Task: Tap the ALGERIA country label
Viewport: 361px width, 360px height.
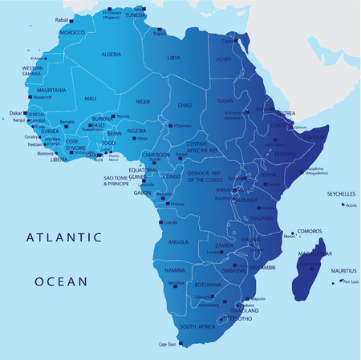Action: (112, 54)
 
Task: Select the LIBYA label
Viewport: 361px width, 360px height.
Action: (173, 58)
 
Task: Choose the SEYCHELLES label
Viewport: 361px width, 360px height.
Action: (341, 194)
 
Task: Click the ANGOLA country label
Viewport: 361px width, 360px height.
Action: (178, 241)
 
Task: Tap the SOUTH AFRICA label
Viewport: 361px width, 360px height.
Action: (197, 327)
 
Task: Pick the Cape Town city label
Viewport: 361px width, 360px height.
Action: (167, 345)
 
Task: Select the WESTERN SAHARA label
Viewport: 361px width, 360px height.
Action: (32, 71)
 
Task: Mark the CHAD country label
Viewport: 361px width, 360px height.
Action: (184, 105)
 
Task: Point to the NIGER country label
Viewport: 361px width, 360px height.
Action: (143, 102)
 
